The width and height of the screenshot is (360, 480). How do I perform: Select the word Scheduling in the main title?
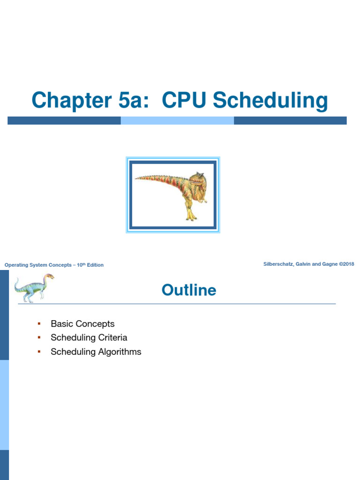(270, 101)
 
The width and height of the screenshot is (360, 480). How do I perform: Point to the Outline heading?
(189, 290)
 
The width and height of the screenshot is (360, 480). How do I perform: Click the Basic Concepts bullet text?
(82, 324)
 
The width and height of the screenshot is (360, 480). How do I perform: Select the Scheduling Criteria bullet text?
(89, 338)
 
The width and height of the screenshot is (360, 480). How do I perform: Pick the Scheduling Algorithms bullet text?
(96, 352)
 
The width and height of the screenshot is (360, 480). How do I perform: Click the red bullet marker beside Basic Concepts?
(39, 323)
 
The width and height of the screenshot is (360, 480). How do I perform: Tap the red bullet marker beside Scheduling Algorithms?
(39, 352)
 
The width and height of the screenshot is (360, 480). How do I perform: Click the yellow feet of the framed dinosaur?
(190, 217)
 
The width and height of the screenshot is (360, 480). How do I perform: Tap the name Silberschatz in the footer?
(279, 264)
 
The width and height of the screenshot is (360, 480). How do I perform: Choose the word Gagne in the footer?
(328, 264)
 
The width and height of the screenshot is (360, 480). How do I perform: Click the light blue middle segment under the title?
(177, 120)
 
